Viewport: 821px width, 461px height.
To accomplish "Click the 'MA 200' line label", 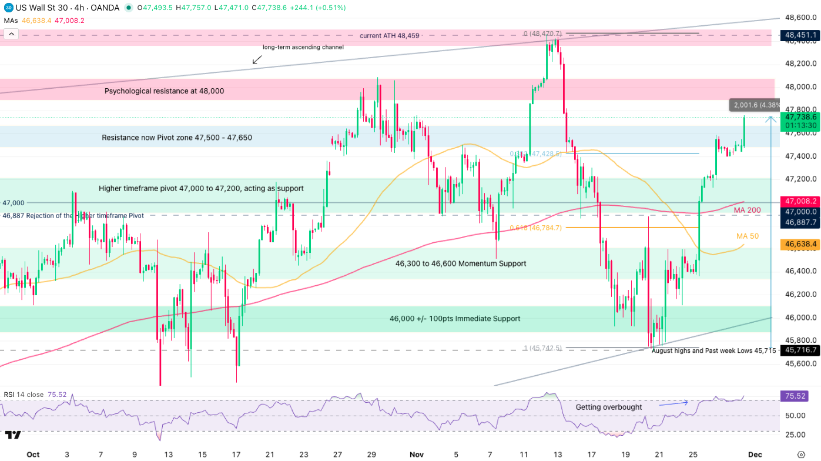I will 747,211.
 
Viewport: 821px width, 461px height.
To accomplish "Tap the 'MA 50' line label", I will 748,236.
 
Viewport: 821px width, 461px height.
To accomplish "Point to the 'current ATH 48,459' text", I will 390,36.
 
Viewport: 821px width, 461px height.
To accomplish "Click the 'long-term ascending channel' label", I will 303,47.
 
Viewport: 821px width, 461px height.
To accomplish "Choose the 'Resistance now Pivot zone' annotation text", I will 177,138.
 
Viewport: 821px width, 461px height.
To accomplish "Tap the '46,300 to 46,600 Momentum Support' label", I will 461,264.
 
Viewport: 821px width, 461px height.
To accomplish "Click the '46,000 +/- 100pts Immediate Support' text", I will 455,319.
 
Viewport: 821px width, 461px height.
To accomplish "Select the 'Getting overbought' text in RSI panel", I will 609,407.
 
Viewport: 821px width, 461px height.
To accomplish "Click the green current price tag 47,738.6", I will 800,117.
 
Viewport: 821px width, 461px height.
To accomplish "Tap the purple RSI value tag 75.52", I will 794,396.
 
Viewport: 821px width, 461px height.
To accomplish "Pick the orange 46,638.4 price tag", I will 800,243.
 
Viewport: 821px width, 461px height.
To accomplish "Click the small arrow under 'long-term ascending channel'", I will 257,59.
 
